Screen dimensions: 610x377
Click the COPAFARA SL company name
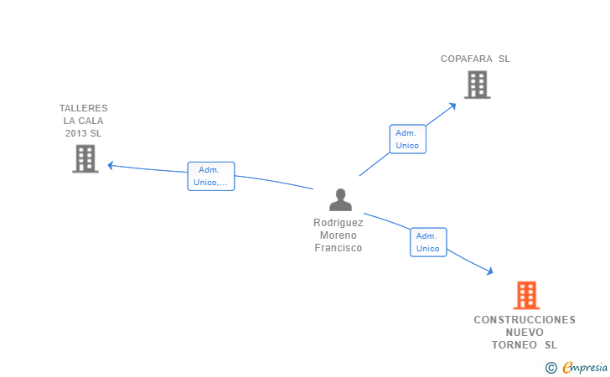click(x=475, y=59)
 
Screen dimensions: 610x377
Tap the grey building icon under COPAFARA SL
click(x=478, y=85)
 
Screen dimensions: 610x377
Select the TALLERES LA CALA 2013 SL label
click(x=83, y=121)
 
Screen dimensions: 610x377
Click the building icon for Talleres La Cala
click(x=85, y=158)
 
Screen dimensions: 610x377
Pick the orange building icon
click(x=526, y=295)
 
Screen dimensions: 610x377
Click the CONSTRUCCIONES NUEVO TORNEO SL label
click(x=525, y=333)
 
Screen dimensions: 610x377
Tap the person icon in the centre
click(x=340, y=199)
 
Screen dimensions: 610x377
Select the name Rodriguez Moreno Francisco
click(x=338, y=235)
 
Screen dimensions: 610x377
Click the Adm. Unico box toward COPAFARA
click(x=408, y=139)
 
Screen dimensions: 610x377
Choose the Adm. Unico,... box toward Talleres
click(x=211, y=176)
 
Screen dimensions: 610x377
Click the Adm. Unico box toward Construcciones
click(x=428, y=242)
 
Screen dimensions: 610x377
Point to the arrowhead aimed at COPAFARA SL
click(x=452, y=106)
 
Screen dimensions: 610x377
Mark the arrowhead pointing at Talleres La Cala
click(x=111, y=166)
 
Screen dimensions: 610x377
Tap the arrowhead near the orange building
click(x=490, y=271)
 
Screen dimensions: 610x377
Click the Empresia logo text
click(x=585, y=367)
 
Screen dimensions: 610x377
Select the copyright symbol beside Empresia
click(x=551, y=368)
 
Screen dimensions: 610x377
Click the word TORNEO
click(x=514, y=345)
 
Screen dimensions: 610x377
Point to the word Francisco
click(x=338, y=248)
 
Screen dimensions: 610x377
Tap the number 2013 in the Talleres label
click(x=73, y=133)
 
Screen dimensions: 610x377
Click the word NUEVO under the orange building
click(x=525, y=333)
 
